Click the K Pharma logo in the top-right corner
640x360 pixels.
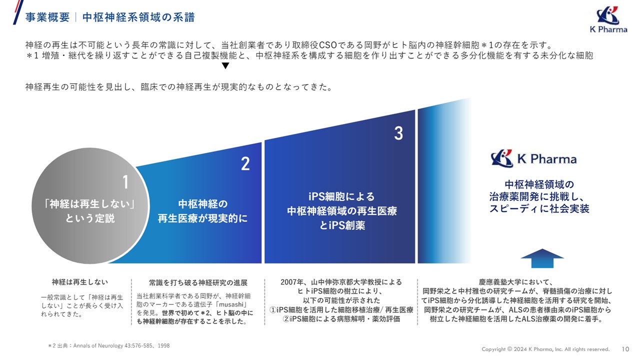tap(607, 20)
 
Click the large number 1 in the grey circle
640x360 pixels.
tap(125, 182)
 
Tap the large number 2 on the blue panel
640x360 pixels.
tap(245, 164)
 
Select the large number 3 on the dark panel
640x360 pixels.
tap(398, 133)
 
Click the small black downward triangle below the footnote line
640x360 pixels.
tap(225, 66)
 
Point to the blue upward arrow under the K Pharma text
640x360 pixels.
tap(542, 260)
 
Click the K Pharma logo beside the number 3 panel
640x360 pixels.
tap(533, 159)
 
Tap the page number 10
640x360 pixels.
tap(625, 349)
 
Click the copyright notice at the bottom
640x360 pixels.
tap(545, 349)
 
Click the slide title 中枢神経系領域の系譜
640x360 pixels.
tap(138, 17)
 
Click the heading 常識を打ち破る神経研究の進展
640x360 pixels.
tap(198, 283)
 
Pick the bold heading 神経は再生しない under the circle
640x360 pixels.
tap(80, 282)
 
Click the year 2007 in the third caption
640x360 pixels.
tap(289, 282)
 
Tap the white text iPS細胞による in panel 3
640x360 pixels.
tap(341, 196)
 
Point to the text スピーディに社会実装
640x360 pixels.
tap(539, 208)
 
